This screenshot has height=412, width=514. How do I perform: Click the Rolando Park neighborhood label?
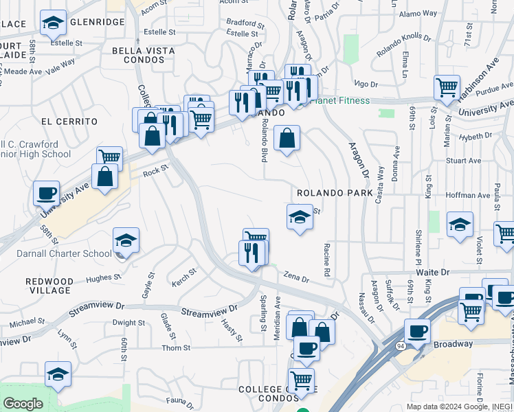click(335, 193)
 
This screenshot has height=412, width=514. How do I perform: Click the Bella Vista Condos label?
click(144, 55)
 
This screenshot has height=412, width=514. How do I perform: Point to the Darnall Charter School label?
click(65, 253)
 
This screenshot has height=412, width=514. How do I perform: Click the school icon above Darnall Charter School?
click(126, 240)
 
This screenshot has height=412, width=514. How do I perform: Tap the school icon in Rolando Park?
click(300, 218)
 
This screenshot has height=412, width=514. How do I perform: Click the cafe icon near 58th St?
click(46, 194)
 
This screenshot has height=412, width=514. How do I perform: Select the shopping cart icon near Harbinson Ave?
click(447, 87)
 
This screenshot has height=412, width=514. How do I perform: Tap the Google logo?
click(23, 404)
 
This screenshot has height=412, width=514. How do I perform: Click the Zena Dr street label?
click(297, 278)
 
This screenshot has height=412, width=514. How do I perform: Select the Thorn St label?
click(176, 348)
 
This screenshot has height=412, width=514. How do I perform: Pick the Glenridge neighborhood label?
click(96, 22)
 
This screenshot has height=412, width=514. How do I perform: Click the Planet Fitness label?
click(340, 101)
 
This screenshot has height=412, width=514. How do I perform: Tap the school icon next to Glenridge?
click(52, 23)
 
